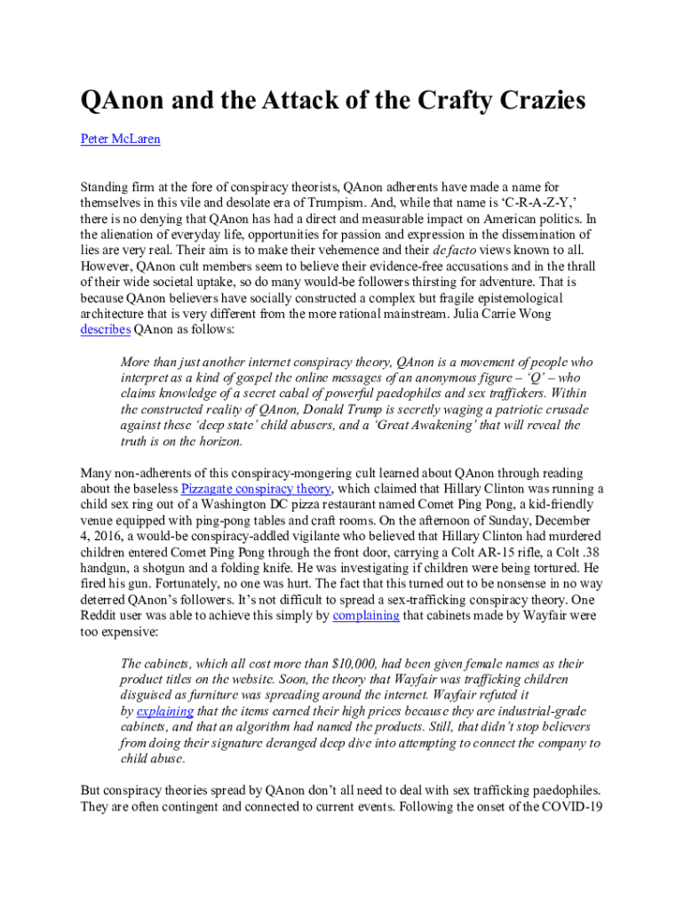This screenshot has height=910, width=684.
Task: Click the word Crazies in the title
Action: [536, 101]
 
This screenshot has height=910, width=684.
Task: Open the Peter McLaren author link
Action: [120, 140]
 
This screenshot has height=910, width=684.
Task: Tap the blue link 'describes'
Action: [106, 329]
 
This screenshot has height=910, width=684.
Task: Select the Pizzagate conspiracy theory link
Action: [257, 489]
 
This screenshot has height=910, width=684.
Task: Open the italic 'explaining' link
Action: [164, 712]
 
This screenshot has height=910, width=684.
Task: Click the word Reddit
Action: [99, 615]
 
